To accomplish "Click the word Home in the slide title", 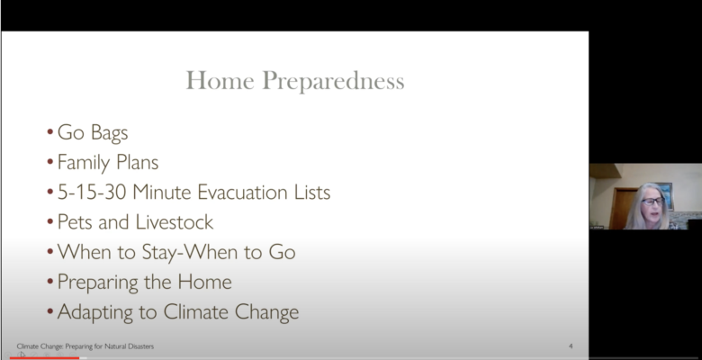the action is (220, 81).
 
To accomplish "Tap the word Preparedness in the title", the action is (333, 82).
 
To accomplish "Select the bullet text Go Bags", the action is (93, 133).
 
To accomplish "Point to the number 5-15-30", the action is (93, 192).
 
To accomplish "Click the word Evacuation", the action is (243, 192).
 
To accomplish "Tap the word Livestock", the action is (175, 222).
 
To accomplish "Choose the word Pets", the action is (76, 222).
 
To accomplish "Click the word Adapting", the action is (94, 312).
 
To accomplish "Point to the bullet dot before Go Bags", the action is (49, 132).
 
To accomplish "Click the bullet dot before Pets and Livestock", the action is (49, 222).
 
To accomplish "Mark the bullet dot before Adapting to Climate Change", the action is (49, 312).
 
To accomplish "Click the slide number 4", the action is (571, 346).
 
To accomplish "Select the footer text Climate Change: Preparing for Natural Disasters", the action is (85, 346).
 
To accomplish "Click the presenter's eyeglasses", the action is (652, 201).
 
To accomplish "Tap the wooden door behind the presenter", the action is (622, 207).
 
